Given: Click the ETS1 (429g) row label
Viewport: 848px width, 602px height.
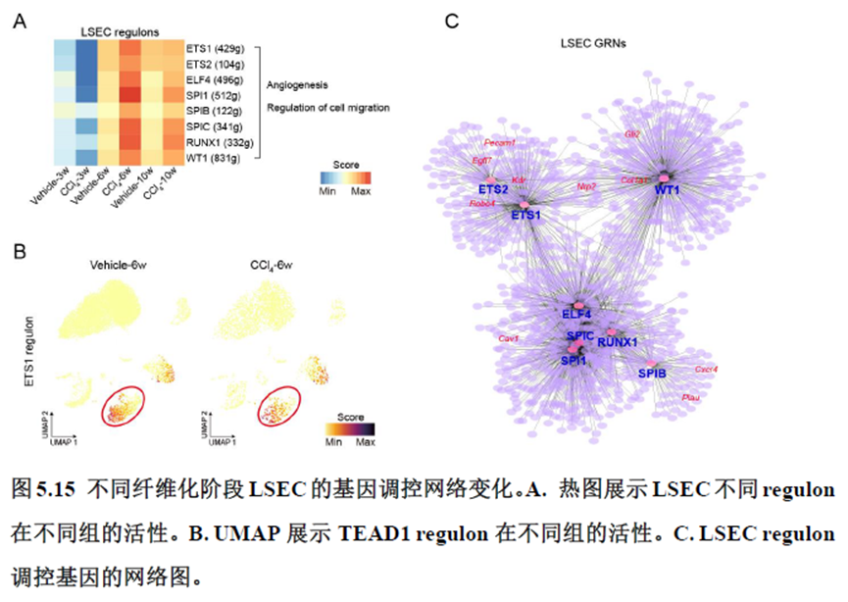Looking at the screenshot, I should tap(221, 48).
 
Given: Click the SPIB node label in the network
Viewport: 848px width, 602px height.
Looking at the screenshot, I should tap(652, 374).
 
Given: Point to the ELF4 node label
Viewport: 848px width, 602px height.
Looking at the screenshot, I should tap(577, 314).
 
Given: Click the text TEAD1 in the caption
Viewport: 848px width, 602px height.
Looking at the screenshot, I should tap(374, 534).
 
